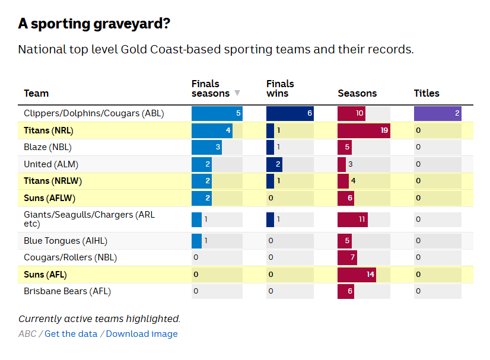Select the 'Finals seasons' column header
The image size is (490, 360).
tap(210, 88)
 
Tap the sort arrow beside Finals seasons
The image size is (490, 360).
tap(237, 93)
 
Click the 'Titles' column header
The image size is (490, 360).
tap(427, 93)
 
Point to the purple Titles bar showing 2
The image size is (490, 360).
tap(437, 113)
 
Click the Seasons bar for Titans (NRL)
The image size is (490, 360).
tap(364, 130)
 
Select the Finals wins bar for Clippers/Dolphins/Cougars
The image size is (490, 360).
tap(289, 113)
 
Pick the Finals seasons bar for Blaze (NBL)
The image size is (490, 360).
tap(206, 147)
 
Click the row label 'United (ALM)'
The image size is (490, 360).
tap(51, 164)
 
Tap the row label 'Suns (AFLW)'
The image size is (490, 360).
tap(50, 198)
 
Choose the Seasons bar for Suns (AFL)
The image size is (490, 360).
tap(357, 275)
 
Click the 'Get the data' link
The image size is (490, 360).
tap(71, 334)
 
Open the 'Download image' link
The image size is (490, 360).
tap(142, 334)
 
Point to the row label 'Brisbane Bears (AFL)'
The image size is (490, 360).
tap(67, 291)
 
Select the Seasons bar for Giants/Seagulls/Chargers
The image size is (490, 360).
tap(352, 219)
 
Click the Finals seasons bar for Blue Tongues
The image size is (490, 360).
tap(197, 241)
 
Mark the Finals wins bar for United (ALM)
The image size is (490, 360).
tap(274, 164)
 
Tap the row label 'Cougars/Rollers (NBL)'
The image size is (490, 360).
tap(71, 257)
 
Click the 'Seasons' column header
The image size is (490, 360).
tap(357, 93)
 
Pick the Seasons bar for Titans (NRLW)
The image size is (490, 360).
tap(343, 181)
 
